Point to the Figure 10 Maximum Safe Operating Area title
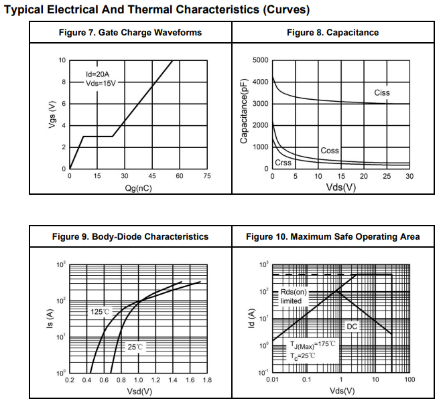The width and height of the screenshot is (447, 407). point(332,236)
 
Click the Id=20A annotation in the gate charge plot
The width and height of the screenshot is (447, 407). point(98,74)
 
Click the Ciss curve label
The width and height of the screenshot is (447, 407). point(381,92)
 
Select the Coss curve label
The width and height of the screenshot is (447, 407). point(330,151)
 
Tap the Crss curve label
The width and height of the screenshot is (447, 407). point(283,163)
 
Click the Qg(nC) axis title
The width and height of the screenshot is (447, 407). point(138,188)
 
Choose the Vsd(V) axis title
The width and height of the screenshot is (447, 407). point(138,391)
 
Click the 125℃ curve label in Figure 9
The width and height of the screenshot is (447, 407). point(100,312)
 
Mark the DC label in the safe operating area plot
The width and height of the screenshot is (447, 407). point(352,326)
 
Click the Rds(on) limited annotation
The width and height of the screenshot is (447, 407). point(292,297)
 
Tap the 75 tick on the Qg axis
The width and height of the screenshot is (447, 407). point(206,176)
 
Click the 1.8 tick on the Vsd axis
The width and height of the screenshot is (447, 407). point(206,380)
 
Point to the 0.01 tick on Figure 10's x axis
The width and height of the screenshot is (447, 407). point(272,380)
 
